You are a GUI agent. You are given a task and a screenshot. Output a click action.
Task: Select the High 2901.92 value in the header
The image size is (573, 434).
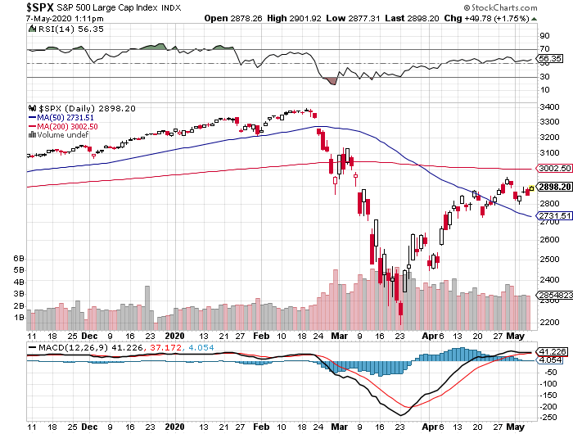coord(300,18)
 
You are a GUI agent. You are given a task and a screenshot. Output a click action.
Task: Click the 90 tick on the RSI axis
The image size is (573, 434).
coord(543,37)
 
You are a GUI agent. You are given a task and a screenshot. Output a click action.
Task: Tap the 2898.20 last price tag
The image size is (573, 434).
coord(553,187)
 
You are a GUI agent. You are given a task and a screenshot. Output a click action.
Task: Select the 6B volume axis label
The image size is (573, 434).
coord(19,257)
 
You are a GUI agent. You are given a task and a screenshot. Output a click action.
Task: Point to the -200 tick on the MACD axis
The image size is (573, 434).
coord(545,406)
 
